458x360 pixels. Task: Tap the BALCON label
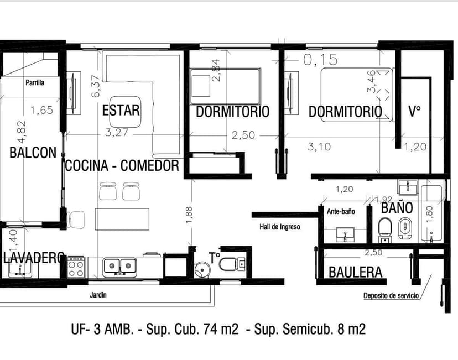[x=33, y=153]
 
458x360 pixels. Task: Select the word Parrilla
[x=35, y=83]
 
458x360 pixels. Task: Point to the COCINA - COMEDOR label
[x=122, y=165]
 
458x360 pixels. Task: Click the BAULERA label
[x=355, y=272]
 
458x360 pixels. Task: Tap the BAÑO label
[x=397, y=208]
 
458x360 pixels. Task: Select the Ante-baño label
[x=341, y=211]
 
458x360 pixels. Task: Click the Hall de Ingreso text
[x=280, y=227]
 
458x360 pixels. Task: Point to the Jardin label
[x=98, y=295]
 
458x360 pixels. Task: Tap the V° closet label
[x=414, y=111]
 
